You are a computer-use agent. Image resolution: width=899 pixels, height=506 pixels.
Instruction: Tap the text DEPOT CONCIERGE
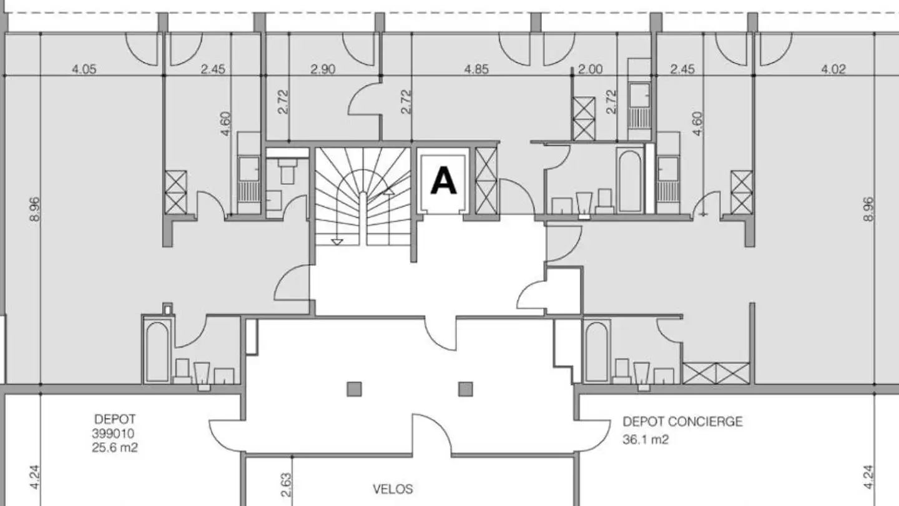tap(683, 422)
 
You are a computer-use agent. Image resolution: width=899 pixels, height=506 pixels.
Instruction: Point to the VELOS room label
tap(393, 489)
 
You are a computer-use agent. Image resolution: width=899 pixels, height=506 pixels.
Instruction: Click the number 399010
tap(113, 434)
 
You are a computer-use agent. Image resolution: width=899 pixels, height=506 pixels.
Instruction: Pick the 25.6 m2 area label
tap(115, 447)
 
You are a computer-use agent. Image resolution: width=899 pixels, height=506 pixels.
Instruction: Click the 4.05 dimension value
tap(84, 69)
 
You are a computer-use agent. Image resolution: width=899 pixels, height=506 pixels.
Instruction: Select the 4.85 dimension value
tap(477, 69)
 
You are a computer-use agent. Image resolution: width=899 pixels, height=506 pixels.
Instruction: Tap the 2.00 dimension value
tap(591, 69)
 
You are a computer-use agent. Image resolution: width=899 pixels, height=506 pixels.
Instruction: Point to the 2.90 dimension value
tap(323, 69)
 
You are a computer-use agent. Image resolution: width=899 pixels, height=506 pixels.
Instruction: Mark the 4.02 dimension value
tap(833, 69)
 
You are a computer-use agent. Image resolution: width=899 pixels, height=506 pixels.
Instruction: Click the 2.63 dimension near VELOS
tap(286, 485)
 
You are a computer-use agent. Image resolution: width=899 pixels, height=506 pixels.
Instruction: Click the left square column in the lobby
tap(354, 389)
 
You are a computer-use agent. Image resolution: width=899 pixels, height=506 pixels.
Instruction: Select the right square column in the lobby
tap(466, 389)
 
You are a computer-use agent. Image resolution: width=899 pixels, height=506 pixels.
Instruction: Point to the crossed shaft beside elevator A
tap(486, 181)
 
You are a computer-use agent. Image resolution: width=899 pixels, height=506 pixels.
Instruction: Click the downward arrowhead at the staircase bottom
tap(337, 242)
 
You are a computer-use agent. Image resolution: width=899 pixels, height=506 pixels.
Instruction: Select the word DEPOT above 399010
tap(115, 419)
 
